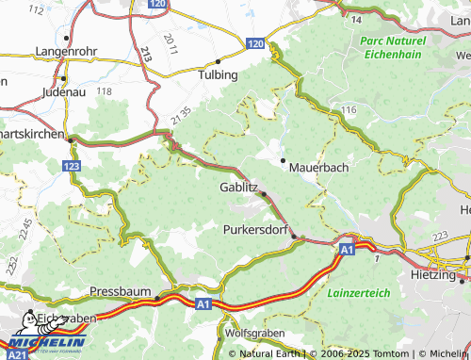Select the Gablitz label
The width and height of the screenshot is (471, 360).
(238, 188)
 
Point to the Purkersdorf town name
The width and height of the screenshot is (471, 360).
(255, 229)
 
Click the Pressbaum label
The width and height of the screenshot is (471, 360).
(121, 293)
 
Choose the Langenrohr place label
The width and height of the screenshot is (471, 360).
(67, 51)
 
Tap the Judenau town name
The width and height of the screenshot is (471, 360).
(63, 92)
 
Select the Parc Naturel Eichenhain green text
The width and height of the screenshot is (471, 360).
(395, 48)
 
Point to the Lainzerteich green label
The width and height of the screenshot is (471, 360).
(358, 293)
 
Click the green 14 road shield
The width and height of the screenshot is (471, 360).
(356, 19)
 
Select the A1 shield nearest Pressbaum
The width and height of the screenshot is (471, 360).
(204, 303)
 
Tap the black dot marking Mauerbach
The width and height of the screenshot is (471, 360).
(282, 160)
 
